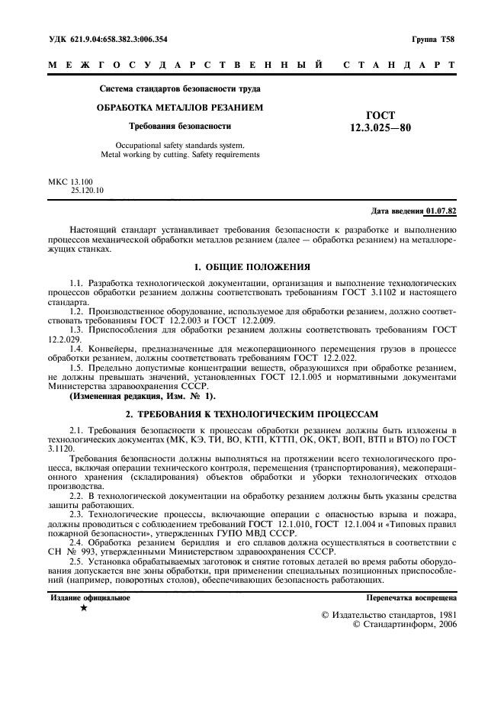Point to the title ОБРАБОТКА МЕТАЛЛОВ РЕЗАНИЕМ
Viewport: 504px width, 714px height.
(x=179, y=108)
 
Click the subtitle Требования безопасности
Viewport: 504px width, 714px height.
(x=180, y=126)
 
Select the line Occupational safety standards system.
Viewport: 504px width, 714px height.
(x=180, y=144)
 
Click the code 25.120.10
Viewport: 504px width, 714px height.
(x=88, y=190)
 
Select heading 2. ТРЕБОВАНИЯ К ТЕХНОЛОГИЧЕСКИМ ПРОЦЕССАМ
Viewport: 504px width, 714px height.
(x=252, y=413)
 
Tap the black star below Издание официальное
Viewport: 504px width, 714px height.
(x=84, y=609)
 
